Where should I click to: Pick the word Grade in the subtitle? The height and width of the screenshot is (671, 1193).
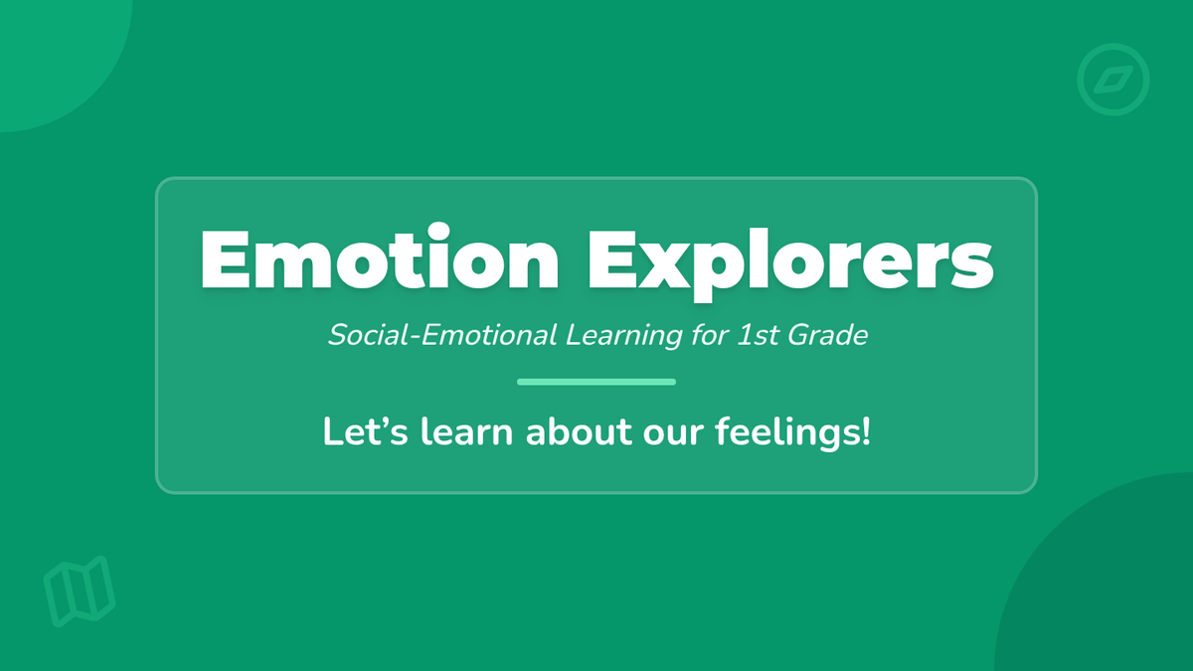coord(833,335)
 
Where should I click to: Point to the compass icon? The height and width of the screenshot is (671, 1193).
coord(1113,81)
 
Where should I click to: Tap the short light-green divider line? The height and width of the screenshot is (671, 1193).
coord(596,382)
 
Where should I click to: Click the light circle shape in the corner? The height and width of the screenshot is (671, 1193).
coord(50,50)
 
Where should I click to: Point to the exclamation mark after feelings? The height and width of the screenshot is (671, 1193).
coord(865,432)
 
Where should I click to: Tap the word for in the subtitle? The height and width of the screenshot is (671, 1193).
coord(700,335)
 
